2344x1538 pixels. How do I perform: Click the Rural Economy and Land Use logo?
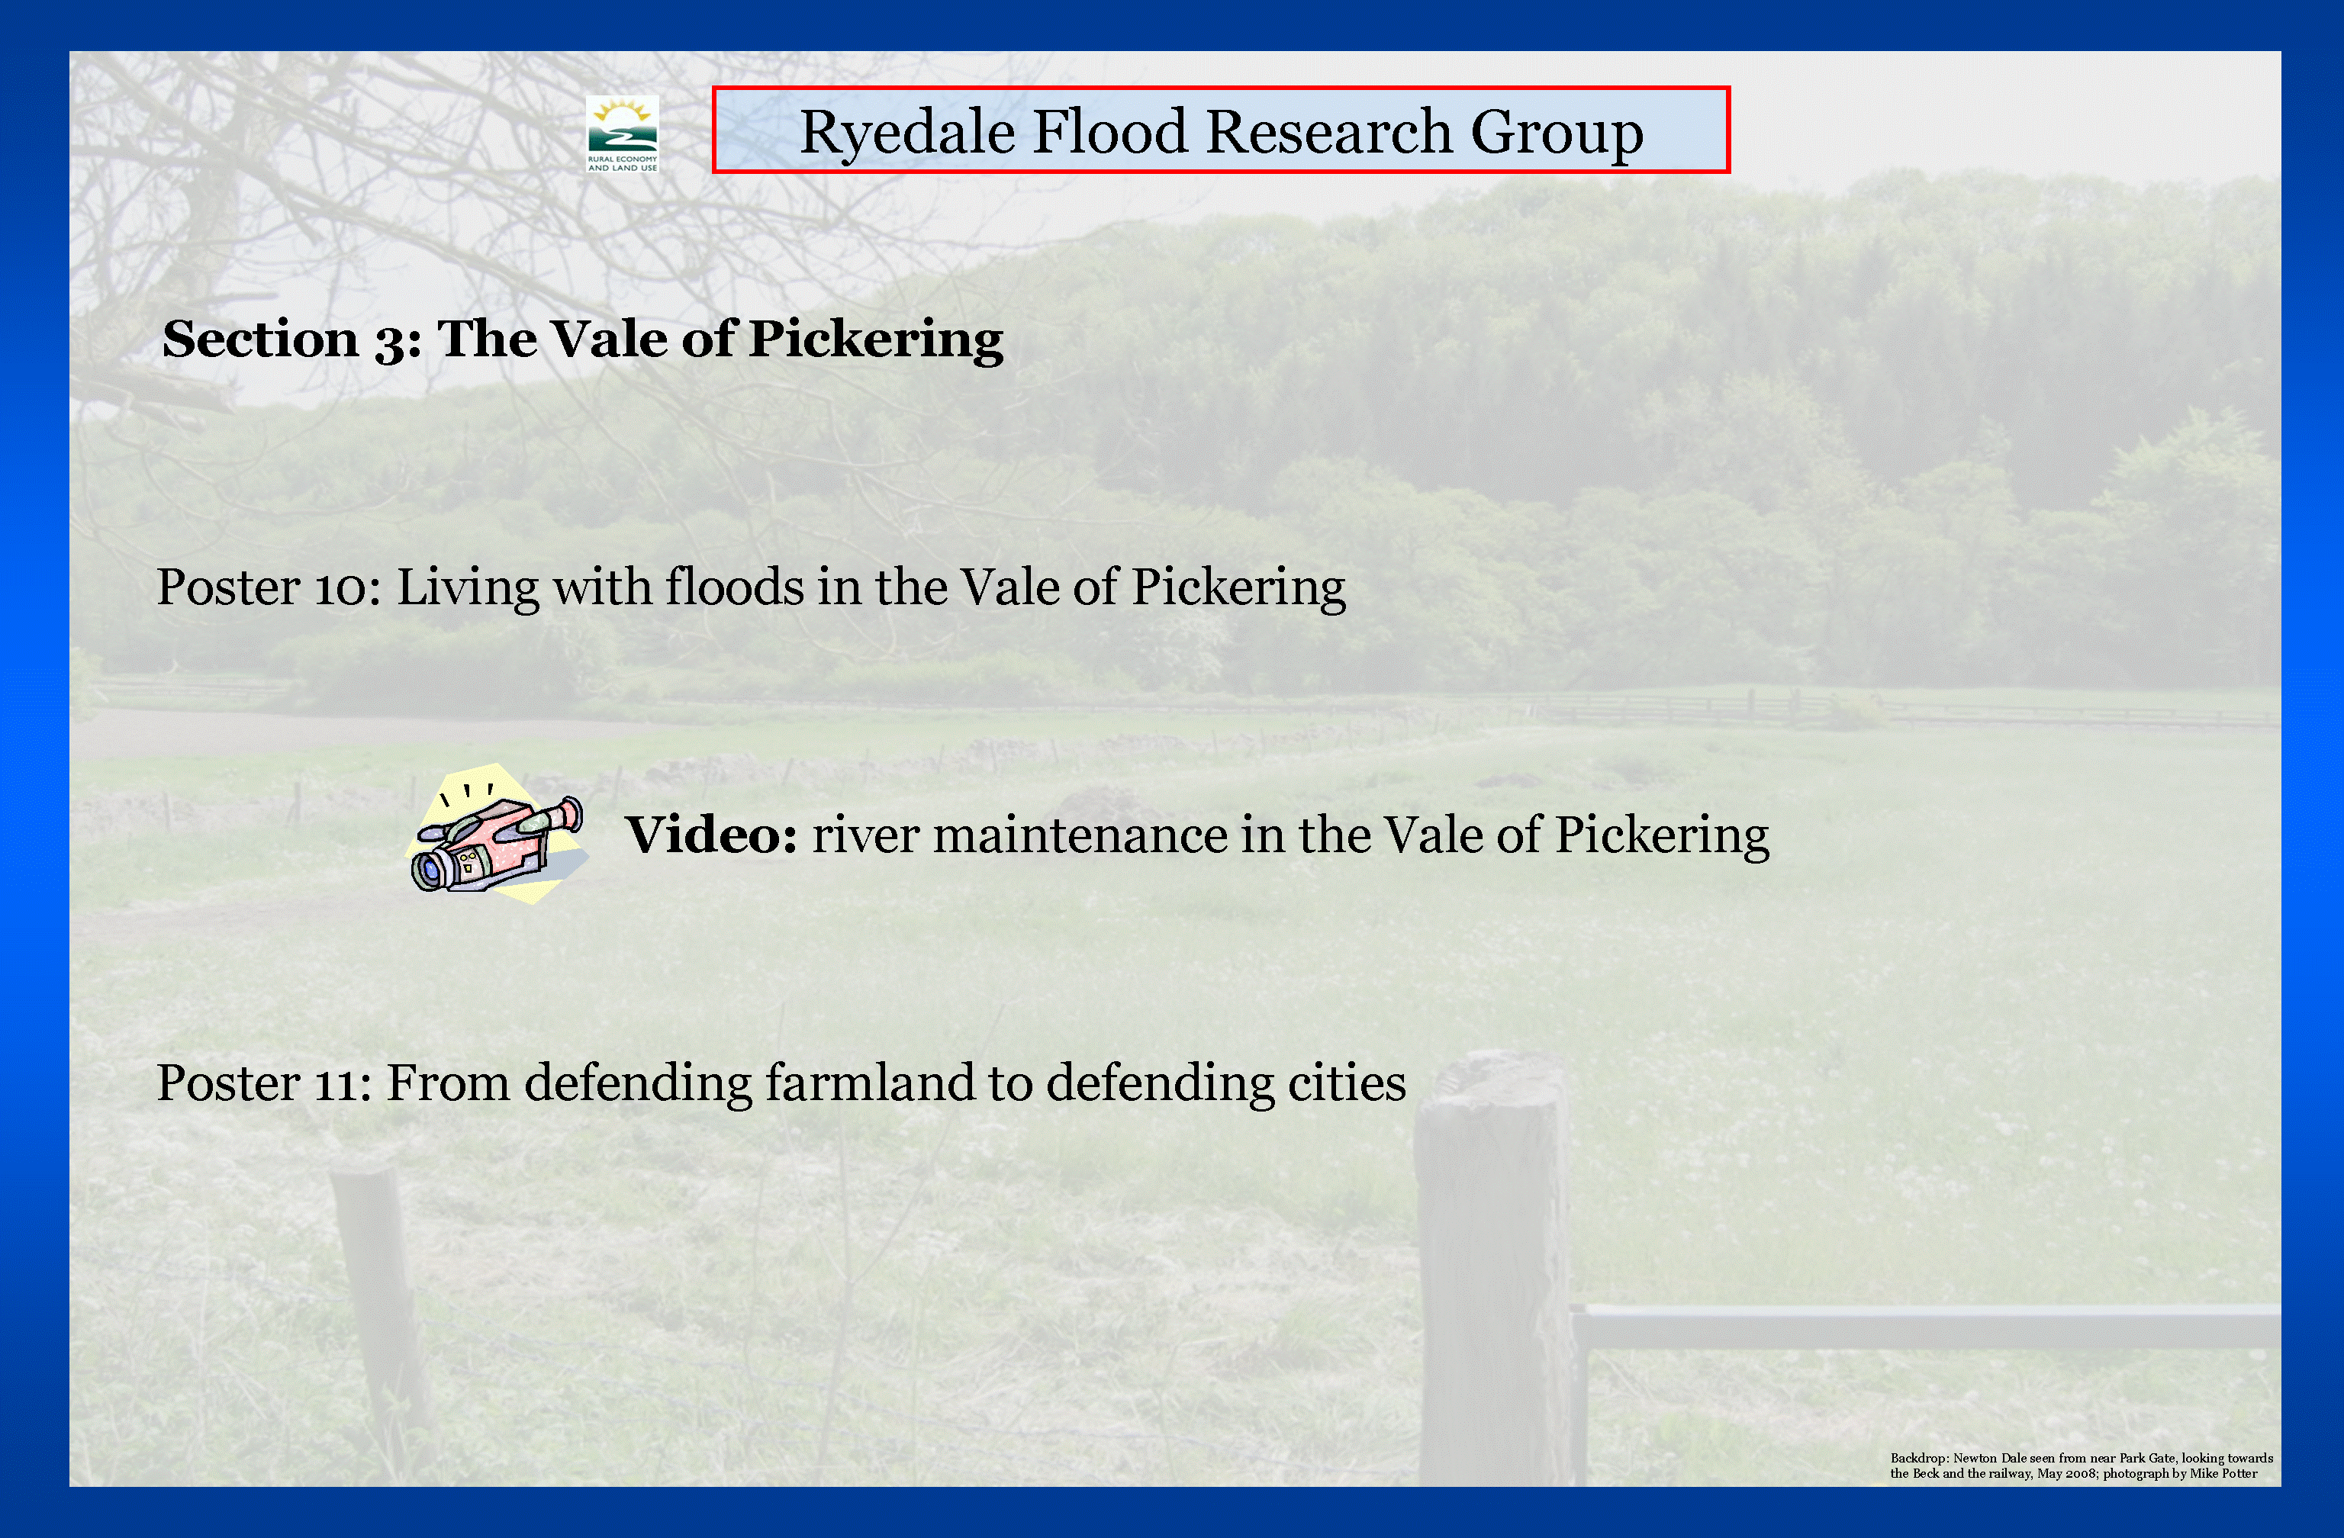[x=621, y=134]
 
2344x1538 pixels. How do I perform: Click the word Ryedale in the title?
[x=907, y=133]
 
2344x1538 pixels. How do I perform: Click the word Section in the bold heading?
[x=260, y=339]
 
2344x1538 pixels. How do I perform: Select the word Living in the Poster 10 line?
[x=468, y=589]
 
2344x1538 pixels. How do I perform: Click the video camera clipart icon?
[x=499, y=833]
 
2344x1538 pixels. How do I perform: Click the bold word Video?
[x=711, y=835]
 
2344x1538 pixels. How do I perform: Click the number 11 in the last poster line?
[x=339, y=1085]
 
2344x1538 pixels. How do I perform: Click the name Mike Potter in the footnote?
[x=2224, y=1474]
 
